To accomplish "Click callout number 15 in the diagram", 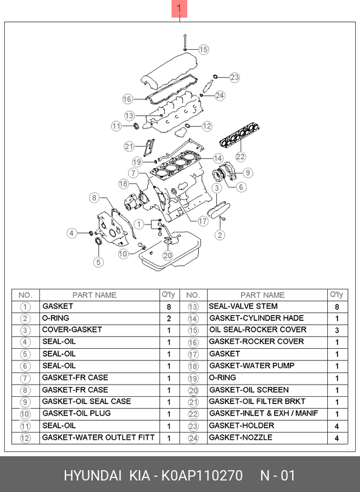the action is tap(203, 50).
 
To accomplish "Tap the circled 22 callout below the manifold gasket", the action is tap(240, 157).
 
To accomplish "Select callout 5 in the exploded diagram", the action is tap(98, 262).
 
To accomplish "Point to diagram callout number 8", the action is tap(95, 198).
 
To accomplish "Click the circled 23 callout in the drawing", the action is tap(235, 77).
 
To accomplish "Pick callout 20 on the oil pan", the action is tap(167, 256).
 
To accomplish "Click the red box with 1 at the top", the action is tap(179, 8).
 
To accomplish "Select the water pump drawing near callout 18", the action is tap(133, 201).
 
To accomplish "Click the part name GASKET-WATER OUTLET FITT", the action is tap(98, 437).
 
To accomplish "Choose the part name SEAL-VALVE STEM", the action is tap(244, 306).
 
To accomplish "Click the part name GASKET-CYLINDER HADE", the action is tap(256, 318).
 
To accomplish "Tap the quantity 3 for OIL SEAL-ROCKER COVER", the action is tap(337, 331).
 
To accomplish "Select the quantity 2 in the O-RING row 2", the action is tap(169, 318).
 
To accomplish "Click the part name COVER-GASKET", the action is tap(72, 330).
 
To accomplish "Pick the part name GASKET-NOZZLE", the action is tap(241, 437).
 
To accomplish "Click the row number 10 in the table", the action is tap(25, 414).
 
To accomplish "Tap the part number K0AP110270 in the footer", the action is tap(202, 476).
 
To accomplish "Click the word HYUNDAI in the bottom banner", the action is tap(93, 476).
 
